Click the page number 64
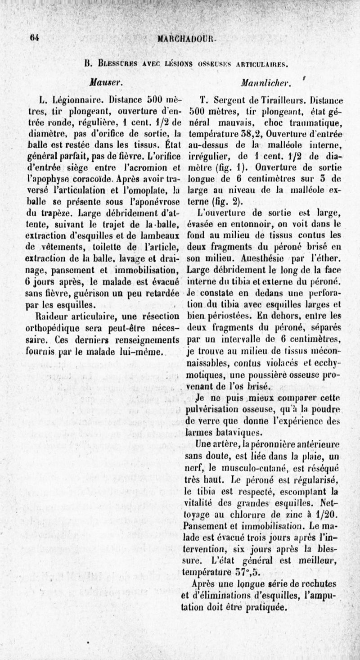pyautogui.click(x=34, y=39)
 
